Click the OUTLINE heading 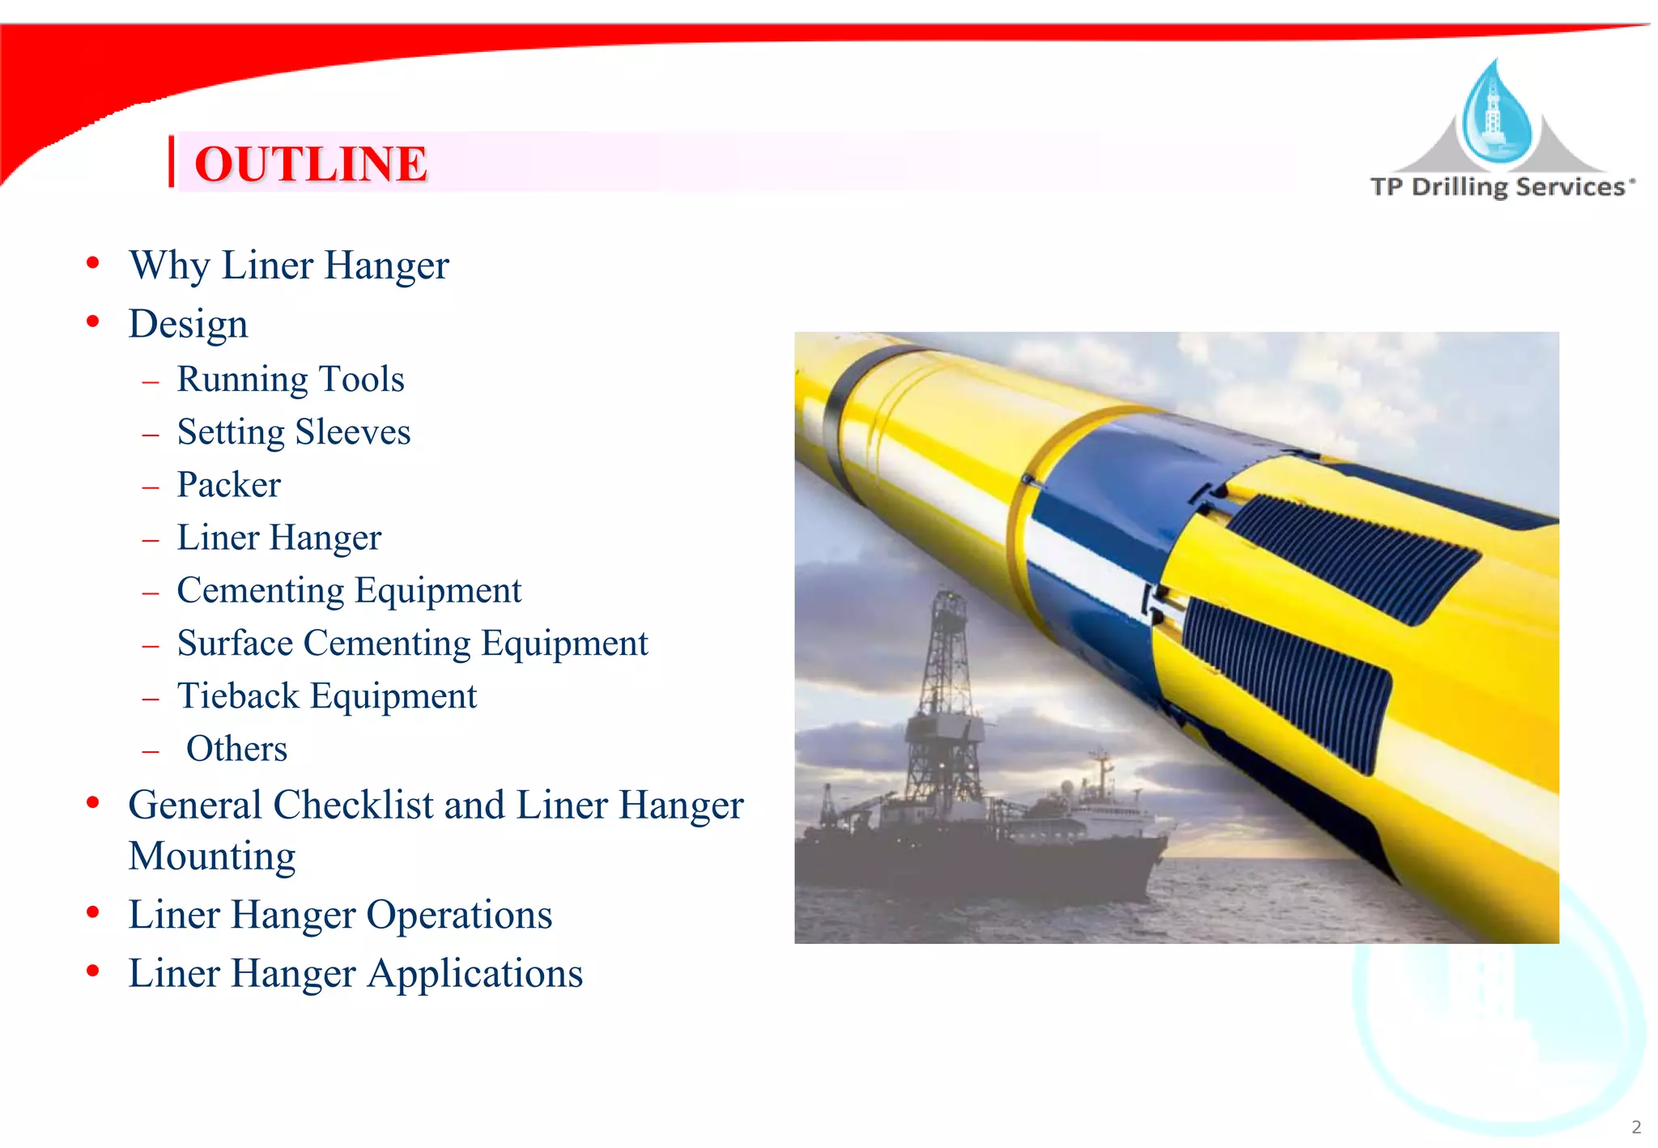pyautogui.click(x=311, y=164)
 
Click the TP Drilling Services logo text pyautogui.click(x=1502, y=187)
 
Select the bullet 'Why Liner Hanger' pyautogui.click(x=289, y=266)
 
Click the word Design pyautogui.click(x=188, y=324)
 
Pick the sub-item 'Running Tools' pyautogui.click(x=291, y=379)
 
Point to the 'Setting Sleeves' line pyautogui.click(x=294, y=432)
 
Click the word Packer pyautogui.click(x=229, y=485)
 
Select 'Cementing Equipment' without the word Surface pyautogui.click(x=349, y=590)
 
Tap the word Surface pyautogui.click(x=236, y=644)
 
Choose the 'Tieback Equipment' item pyautogui.click(x=327, y=696)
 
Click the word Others pyautogui.click(x=236, y=749)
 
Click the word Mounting pyautogui.click(x=212, y=856)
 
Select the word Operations pyautogui.click(x=459, y=915)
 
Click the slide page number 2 pyautogui.click(x=1636, y=1127)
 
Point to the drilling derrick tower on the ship pyautogui.click(x=944, y=688)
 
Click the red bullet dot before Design pyautogui.click(x=93, y=322)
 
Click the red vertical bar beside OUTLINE pyautogui.click(x=172, y=162)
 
